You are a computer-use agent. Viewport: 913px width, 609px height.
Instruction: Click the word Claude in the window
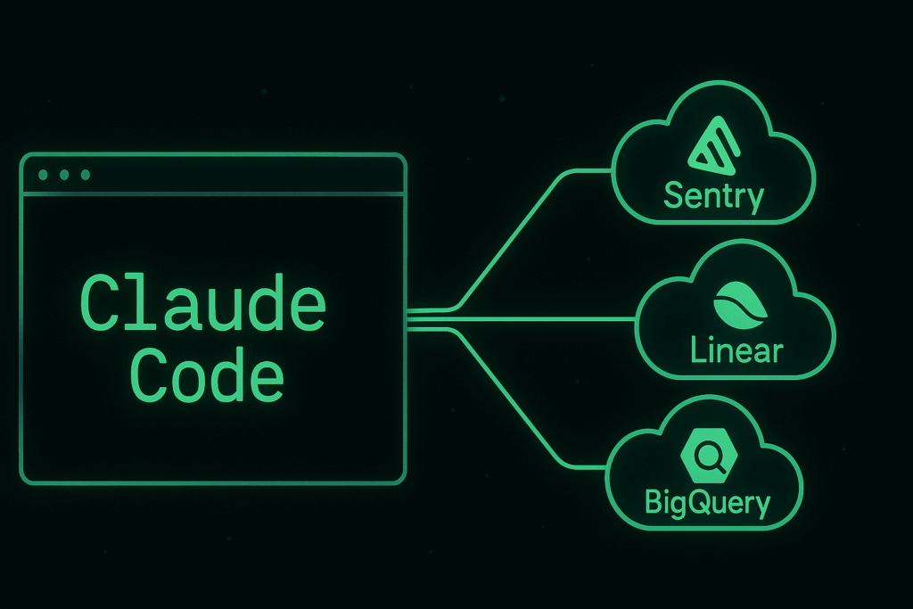tap(202, 302)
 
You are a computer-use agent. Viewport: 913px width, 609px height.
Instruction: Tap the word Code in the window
tap(207, 374)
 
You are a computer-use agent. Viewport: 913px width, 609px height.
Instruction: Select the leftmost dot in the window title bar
tap(43, 175)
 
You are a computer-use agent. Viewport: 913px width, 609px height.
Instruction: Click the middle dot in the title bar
tap(64, 175)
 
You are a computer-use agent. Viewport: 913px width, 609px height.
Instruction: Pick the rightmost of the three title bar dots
tap(86, 175)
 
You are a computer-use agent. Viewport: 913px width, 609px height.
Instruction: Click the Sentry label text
tap(714, 197)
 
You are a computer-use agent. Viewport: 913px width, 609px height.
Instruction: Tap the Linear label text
tap(736, 350)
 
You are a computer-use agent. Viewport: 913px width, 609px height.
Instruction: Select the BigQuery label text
tap(707, 503)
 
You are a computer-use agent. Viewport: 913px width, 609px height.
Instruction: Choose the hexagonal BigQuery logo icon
tap(709, 456)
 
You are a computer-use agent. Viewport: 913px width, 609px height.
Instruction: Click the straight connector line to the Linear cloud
tap(521, 319)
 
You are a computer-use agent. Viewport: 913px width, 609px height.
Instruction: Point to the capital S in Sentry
tap(674, 194)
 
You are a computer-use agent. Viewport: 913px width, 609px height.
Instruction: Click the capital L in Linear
tap(697, 350)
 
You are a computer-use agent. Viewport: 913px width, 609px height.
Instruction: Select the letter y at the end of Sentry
tap(756, 200)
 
